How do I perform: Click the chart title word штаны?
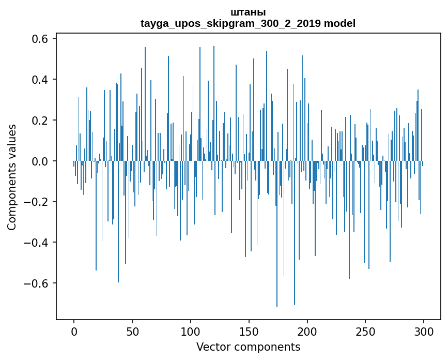click(248, 12)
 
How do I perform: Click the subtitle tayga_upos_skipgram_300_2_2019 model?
click(248, 23)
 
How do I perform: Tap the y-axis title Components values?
click(12, 177)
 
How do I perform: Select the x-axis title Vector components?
click(248, 347)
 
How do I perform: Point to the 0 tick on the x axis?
click(74, 331)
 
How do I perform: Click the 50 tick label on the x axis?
click(132, 331)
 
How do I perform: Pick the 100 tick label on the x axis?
click(191, 331)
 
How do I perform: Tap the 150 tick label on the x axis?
click(249, 331)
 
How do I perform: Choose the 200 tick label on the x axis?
click(307, 331)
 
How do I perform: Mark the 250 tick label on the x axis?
click(366, 331)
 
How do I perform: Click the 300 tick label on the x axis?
click(424, 331)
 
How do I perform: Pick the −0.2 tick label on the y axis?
click(37, 202)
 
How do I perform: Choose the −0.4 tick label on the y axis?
click(37, 243)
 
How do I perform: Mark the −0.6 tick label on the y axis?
click(37, 283)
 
